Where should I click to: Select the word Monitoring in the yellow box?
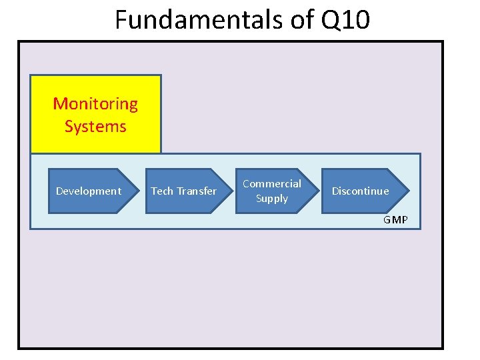coord(95,104)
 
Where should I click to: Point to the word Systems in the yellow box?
coord(95,126)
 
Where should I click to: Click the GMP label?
coord(395,220)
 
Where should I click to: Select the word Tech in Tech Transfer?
coord(161,191)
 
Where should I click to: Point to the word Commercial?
coord(272,183)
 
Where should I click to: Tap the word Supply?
coord(272,199)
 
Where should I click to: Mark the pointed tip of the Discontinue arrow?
coord(408,191)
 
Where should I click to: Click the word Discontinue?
coord(360,191)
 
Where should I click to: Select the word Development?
coord(89,191)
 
